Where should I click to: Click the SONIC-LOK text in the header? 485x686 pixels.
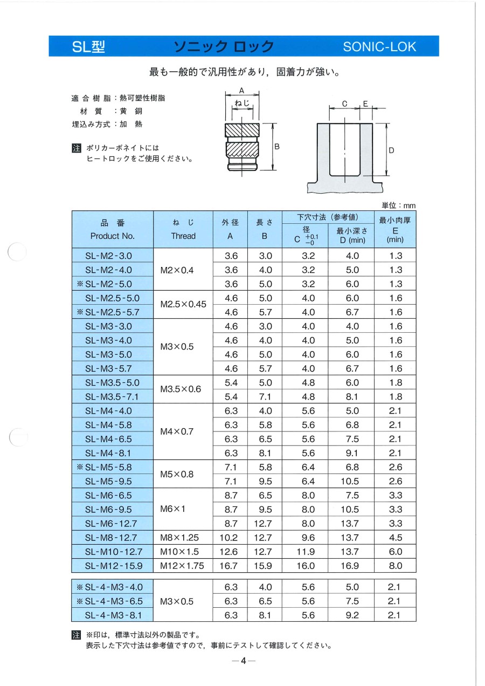pos(380,46)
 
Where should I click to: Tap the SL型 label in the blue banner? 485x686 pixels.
pos(89,47)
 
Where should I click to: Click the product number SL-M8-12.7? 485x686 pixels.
pos(112,538)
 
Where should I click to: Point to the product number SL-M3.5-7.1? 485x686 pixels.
pos(112,397)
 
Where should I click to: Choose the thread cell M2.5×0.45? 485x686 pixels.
pos(183,305)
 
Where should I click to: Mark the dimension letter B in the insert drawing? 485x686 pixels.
pos(277,147)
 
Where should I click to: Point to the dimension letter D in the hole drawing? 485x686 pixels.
pos(391,150)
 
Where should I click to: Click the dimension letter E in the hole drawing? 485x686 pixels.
pos(365,104)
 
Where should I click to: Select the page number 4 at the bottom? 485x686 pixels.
pos(243,661)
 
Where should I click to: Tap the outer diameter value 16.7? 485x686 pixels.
pos(231,566)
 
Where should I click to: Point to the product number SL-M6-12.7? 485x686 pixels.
pos(112,523)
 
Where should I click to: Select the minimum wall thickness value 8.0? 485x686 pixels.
pos(396,566)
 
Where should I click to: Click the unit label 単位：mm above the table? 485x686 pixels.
pos(399,205)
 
